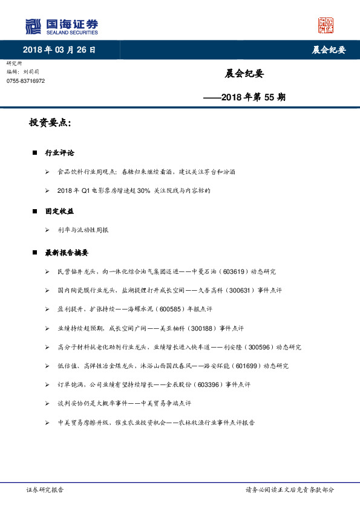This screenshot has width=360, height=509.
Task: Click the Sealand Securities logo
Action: tap(61, 27)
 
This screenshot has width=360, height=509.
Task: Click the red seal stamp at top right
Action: tap(326, 25)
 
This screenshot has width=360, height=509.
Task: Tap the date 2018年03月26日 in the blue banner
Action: tap(59, 50)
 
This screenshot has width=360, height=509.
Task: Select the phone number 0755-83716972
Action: tap(25, 81)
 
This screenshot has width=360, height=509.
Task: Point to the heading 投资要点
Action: tap(50, 123)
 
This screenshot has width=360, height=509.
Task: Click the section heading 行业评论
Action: tap(59, 153)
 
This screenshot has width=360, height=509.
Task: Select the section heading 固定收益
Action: tap(59, 211)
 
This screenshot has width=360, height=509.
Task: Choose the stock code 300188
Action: tap(203, 328)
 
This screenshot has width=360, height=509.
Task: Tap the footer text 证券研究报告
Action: tap(45, 490)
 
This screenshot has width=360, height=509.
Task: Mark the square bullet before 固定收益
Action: tap(34, 212)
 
